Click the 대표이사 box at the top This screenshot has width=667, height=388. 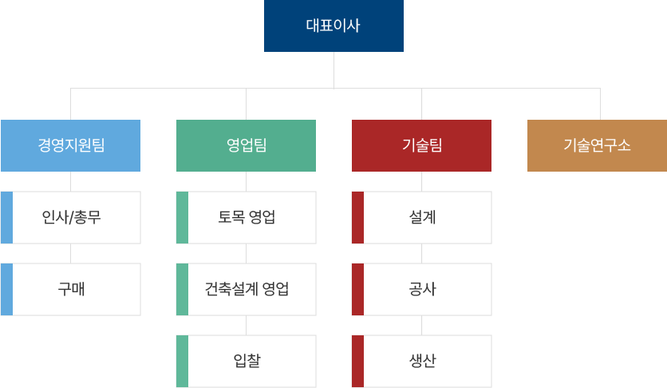tap(333, 26)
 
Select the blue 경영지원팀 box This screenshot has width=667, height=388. tap(70, 145)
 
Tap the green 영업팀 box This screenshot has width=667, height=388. tap(246, 145)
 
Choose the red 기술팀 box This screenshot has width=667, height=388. tap(421, 145)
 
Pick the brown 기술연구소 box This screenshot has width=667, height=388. tap(597, 145)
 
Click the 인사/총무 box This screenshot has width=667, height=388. tap(71, 217)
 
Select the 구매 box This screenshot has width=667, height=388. tap(71, 289)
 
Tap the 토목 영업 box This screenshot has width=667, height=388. tap(247, 217)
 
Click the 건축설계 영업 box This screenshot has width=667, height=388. tap(247, 289)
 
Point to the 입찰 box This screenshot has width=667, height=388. tap(247, 361)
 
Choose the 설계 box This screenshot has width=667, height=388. tap(422, 217)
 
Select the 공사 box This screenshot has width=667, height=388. tap(422, 289)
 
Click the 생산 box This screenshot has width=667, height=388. tap(422, 361)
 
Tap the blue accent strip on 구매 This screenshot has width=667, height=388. tap(6, 289)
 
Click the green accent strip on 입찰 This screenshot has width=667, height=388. tap(182, 361)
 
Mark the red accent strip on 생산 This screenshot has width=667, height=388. tap(357, 361)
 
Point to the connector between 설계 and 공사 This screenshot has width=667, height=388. tap(421, 253)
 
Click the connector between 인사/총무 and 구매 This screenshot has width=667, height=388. tap(70, 253)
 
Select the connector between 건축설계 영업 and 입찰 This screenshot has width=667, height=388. tap(246, 325)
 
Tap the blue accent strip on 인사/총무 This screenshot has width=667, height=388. tap(6, 217)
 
